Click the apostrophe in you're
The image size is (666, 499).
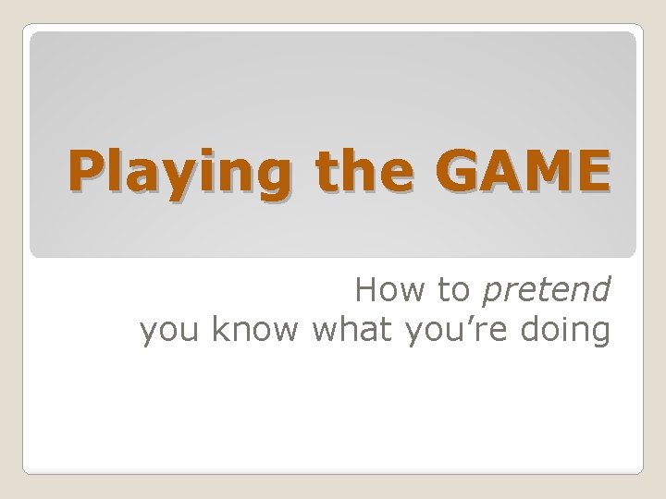[x=469, y=322]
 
